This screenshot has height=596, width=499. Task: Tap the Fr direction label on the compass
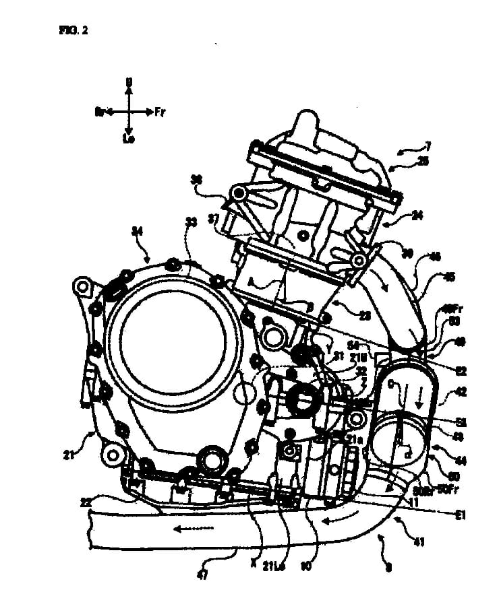[160, 110]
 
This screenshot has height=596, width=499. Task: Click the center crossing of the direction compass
[128, 110]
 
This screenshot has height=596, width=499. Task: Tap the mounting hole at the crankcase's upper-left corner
[83, 288]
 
